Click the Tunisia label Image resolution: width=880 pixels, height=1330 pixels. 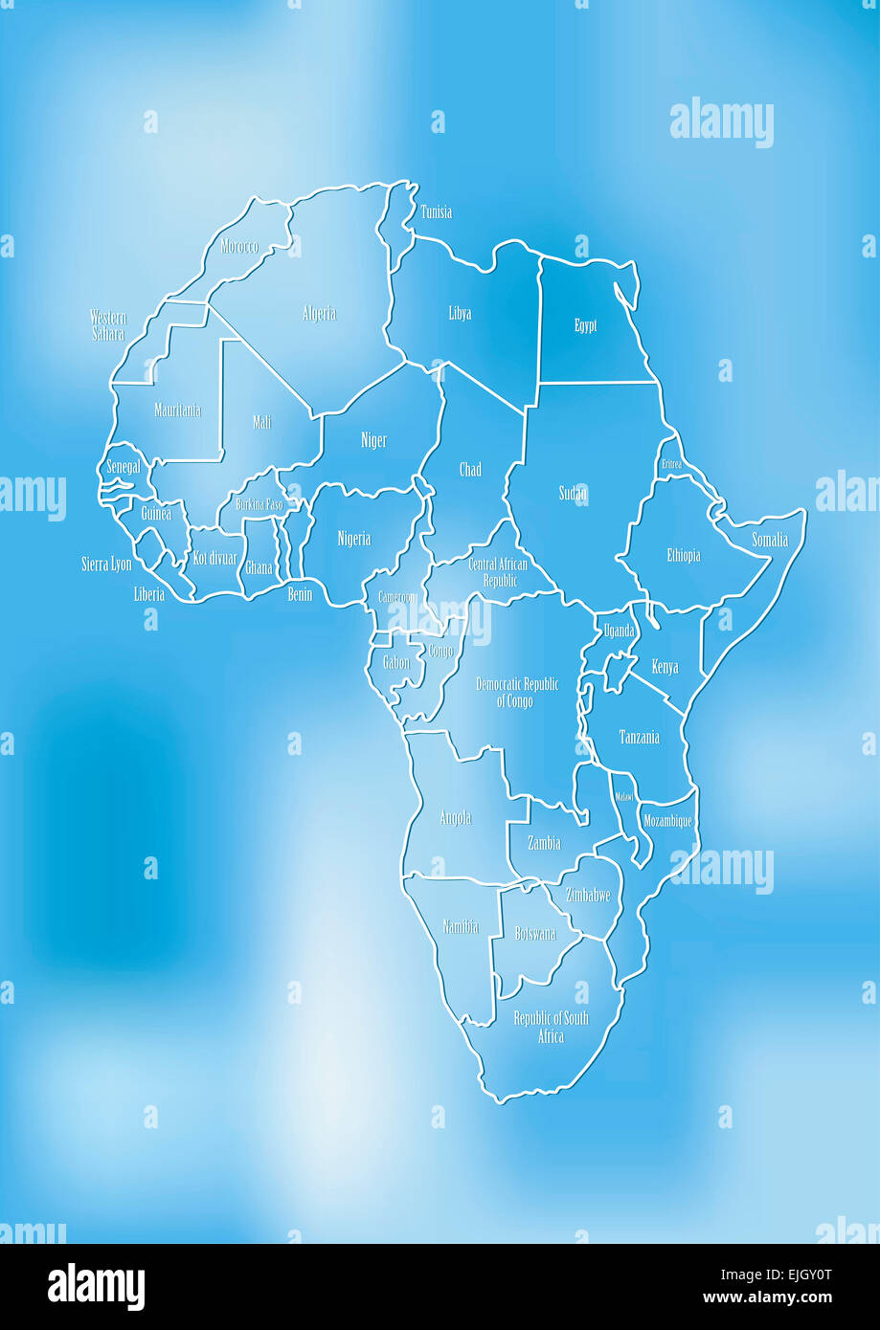click(436, 212)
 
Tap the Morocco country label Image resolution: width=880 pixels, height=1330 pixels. click(239, 247)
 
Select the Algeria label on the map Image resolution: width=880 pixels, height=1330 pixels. click(319, 314)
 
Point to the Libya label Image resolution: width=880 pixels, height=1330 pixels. click(460, 314)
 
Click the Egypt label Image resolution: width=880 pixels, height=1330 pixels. click(585, 326)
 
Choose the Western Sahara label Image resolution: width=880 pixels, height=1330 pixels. click(108, 326)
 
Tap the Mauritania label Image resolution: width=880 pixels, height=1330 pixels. click(178, 410)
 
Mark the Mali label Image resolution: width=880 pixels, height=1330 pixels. click(261, 422)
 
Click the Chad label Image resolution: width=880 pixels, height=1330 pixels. click(470, 470)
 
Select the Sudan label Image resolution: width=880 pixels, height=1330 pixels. click(573, 494)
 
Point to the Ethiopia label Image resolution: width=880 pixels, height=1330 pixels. click(684, 556)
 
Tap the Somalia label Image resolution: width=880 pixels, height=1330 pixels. click(770, 541)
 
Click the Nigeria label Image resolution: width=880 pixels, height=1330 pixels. click(353, 540)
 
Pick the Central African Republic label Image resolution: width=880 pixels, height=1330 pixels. click(498, 572)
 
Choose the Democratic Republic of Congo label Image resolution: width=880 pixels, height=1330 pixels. click(517, 693)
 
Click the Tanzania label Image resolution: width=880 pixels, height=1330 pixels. click(639, 738)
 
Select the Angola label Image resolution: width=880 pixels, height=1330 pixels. click(456, 818)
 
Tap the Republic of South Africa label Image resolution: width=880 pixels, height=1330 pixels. click(551, 1027)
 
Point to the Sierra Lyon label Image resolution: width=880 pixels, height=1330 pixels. click(106, 565)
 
